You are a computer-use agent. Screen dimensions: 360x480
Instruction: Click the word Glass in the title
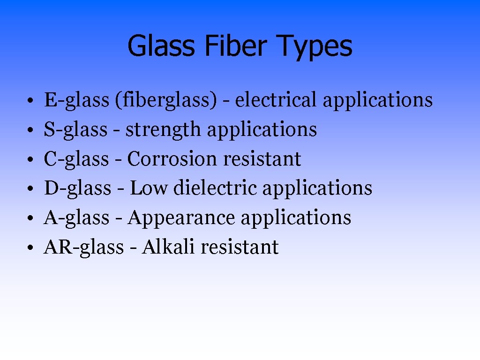(x=161, y=46)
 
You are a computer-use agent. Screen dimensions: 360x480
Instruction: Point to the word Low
(x=149, y=188)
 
